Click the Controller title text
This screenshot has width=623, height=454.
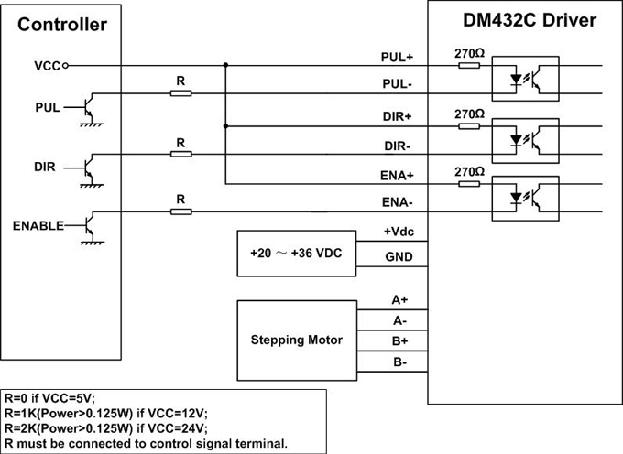[x=62, y=25]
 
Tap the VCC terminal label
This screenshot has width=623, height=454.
[x=48, y=66]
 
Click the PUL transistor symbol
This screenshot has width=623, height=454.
[x=88, y=108]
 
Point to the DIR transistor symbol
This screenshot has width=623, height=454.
[x=88, y=168]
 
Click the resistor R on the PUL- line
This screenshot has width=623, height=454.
[x=181, y=93]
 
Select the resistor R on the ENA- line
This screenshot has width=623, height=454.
[x=181, y=211]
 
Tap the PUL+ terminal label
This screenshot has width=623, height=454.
[x=398, y=57]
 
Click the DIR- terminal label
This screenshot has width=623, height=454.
[x=398, y=146]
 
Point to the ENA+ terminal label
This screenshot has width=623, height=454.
[x=398, y=175]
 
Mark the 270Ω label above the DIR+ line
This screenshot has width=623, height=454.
[x=469, y=113]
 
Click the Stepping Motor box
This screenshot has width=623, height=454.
[x=296, y=340]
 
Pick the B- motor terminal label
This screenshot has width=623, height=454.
[x=399, y=362]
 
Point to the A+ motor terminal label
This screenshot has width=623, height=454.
[x=399, y=299]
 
